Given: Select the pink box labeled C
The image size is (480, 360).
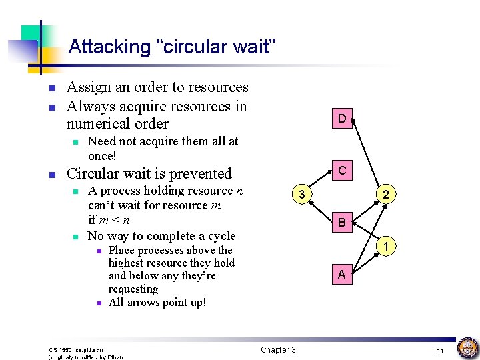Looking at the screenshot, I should tap(341, 171).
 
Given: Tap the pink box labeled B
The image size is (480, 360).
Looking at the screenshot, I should tap(341, 223).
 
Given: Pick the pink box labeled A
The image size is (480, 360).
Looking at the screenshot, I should tap(341, 274).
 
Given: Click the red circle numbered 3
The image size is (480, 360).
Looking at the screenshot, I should tap(302, 195).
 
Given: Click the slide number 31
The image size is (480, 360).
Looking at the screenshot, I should tap(439, 351).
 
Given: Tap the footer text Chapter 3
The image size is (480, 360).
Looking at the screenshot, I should tap(278, 350).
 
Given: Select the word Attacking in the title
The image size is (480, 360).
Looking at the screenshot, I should tap(101, 47).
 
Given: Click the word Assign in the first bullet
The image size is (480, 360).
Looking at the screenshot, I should tap(88, 87).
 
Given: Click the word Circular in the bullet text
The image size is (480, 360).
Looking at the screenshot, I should tap(92, 174).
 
